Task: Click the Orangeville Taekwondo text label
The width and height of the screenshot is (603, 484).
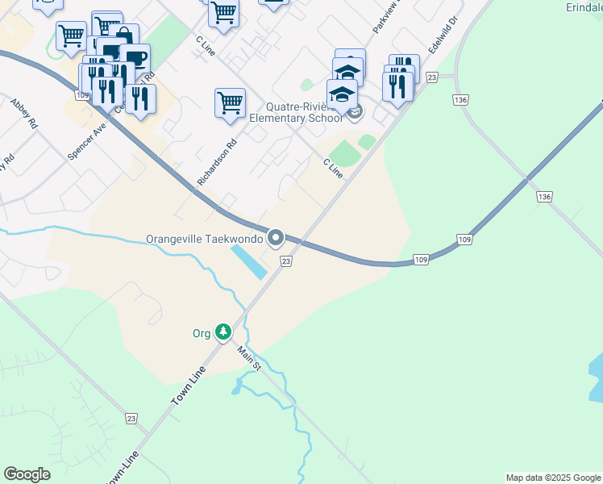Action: point(205,239)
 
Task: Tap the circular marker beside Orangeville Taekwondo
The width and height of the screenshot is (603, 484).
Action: point(276,237)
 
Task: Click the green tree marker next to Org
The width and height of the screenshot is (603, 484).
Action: point(223,332)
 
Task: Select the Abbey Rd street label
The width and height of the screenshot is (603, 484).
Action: point(24,114)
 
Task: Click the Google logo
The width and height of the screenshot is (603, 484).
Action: point(27,474)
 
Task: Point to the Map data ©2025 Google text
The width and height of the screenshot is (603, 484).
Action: point(553,478)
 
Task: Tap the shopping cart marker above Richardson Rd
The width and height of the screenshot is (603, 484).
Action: point(230,103)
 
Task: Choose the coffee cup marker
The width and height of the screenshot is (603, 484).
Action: point(135,58)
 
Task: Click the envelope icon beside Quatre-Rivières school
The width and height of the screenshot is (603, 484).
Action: point(356,111)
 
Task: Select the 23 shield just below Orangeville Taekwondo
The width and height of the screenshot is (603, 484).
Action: point(285,261)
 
